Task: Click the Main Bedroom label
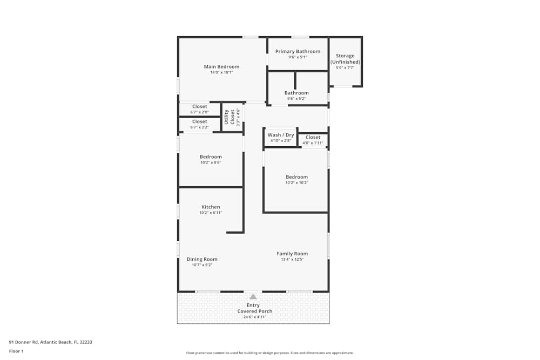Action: tap(221, 67)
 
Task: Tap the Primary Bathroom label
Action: tap(298, 52)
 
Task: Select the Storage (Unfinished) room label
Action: tap(345, 59)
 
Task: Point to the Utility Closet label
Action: tap(230, 117)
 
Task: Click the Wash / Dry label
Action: tap(281, 135)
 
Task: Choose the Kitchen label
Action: tap(211, 207)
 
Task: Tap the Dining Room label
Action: tap(202, 260)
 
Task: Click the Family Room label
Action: tap(292, 254)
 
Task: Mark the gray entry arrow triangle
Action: tap(253, 296)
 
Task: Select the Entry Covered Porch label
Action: tap(254, 308)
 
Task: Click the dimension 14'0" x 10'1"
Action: tap(221, 72)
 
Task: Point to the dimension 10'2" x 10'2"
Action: tap(297, 182)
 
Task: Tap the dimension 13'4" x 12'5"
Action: tap(292, 260)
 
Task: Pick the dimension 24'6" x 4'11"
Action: tap(254, 317)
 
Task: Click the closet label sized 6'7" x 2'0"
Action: tap(199, 107)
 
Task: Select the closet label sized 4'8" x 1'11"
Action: tap(313, 138)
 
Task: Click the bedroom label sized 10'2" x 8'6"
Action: tap(211, 157)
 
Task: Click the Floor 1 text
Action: tap(16, 351)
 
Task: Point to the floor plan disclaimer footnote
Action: tap(270, 353)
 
